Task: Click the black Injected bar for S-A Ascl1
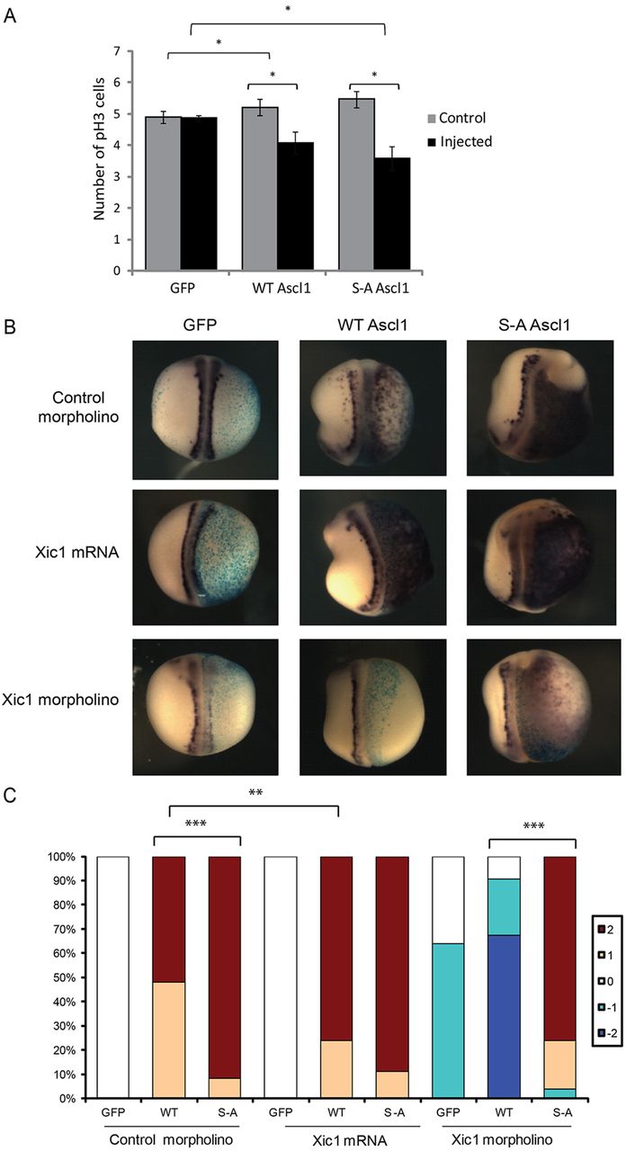[392, 214]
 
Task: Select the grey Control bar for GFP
[163, 193]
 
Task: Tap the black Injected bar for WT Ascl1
[296, 206]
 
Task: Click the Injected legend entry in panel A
[460, 141]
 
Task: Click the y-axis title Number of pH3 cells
[99, 149]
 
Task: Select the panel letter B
[10, 326]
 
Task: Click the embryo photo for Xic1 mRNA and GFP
[205, 557]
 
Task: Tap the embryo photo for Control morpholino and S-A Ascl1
[541, 408]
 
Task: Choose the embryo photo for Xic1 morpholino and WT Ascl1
[373, 707]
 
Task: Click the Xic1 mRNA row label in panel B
[77, 552]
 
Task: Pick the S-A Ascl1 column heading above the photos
[534, 325]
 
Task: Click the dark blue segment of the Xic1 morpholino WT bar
[504, 1017]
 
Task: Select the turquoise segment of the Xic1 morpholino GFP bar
[448, 1021]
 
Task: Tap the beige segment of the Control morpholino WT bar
[169, 1040]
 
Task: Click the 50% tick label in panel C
[62, 977]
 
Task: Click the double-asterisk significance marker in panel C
[255, 793]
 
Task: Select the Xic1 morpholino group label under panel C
[502, 1139]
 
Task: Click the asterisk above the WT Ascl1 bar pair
[273, 75]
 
